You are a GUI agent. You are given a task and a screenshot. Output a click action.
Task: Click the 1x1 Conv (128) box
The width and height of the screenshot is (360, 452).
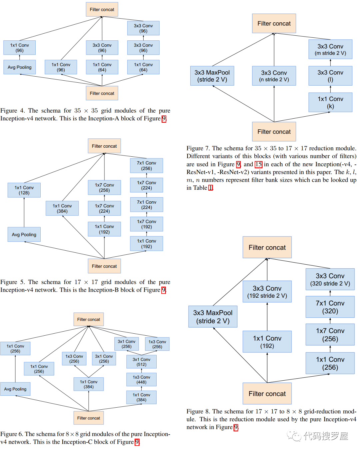coord(24,190)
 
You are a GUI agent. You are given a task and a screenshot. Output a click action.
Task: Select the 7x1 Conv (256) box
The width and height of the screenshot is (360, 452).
coord(146,166)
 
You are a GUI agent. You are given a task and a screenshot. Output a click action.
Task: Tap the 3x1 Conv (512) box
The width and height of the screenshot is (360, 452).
coord(141,362)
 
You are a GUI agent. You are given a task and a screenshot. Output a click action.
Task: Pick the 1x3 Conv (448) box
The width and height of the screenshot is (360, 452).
coord(141,380)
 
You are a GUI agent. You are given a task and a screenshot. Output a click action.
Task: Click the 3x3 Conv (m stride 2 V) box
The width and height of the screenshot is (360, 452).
coord(330,49)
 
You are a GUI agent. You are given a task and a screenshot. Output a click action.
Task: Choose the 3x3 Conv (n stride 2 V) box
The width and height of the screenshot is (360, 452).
coord(274,76)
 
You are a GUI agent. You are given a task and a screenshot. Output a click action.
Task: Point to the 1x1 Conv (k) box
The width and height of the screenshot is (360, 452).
coord(330,102)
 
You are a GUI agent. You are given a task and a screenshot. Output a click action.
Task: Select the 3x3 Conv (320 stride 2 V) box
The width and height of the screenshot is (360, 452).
coord(330,279)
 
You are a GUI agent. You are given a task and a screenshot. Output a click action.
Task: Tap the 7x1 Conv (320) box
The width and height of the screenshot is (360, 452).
coord(330,307)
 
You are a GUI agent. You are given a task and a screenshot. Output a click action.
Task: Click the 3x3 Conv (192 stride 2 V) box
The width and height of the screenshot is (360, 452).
coord(267,292)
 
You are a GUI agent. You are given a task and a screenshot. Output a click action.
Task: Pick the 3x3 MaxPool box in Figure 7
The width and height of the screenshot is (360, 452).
coord(212,76)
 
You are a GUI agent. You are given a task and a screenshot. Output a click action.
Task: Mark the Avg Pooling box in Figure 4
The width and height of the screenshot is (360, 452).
coord(19,67)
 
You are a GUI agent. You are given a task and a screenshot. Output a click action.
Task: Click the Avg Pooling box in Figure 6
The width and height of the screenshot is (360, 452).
coord(15,389)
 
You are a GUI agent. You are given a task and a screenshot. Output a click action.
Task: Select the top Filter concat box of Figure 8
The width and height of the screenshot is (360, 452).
coord(267,247)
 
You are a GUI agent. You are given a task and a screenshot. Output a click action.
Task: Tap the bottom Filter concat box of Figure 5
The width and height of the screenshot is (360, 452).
coord(104,266)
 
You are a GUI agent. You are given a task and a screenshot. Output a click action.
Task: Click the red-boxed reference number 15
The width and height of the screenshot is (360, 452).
coord(258,164)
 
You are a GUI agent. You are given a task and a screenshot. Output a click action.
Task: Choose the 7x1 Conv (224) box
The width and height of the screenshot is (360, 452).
coord(146,205)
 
